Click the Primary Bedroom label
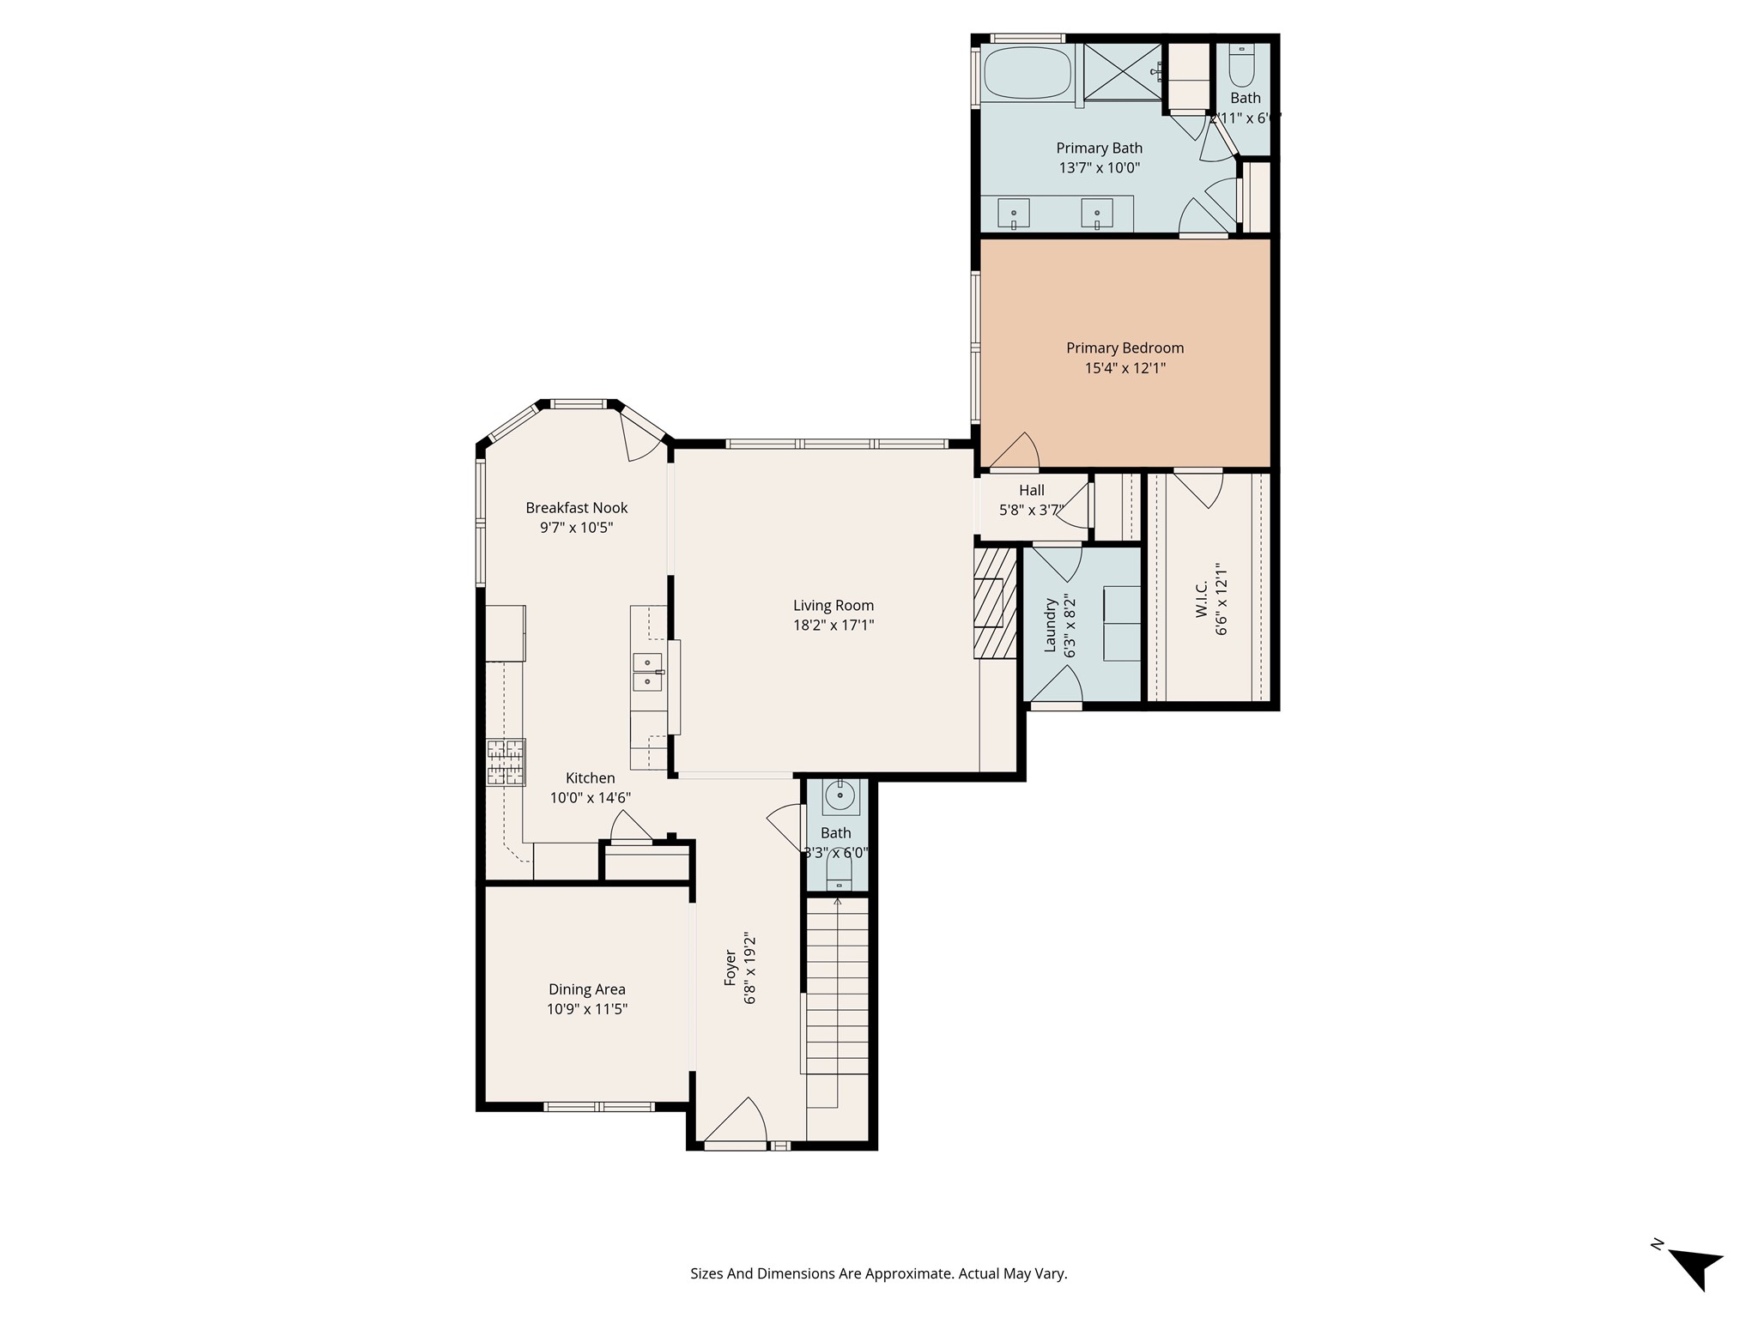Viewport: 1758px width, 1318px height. click(x=1125, y=348)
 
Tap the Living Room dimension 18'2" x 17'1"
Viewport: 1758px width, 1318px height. click(x=833, y=626)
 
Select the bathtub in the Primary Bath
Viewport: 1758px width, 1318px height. click(x=1027, y=73)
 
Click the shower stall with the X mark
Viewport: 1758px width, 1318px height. click(x=1121, y=72)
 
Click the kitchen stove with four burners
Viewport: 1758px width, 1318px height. click(x=506, y=762)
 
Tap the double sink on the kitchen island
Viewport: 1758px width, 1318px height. click(x=647, y=671)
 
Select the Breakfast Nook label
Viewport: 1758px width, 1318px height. click(x=577, y=508)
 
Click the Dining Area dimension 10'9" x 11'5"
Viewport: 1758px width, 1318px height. click(x=587, y=1009)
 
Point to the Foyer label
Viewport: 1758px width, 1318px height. click(x=730, y=967)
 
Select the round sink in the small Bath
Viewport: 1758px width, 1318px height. click(x=839, y=797)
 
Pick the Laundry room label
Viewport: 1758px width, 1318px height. click(x=1050, y=626)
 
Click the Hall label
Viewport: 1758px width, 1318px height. click(x=1032, y=490)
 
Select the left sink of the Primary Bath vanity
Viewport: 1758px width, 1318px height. click(x=1014, y=214)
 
